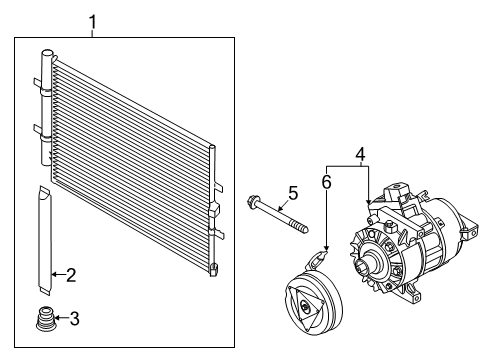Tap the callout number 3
point(72,319)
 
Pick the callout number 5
point(293,192)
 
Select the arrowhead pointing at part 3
point(56,320)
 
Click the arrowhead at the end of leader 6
point(325,245)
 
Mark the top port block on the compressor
point(395,192)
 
